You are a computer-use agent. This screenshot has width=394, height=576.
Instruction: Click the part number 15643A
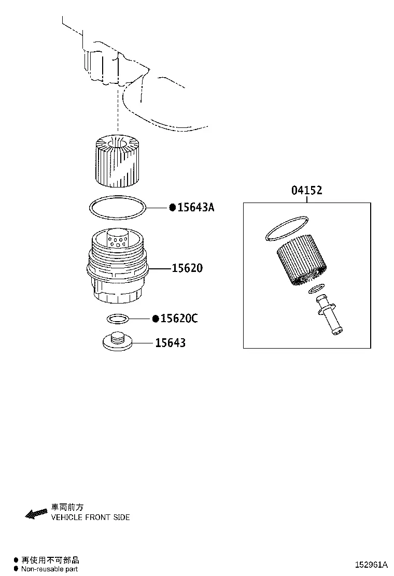click(195, 208)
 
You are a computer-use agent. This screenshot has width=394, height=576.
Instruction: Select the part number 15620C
click(179, 318)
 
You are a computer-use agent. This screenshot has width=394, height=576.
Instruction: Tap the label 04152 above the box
click(307, 190)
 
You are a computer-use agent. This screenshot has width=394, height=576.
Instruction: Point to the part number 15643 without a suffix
click(170, 343)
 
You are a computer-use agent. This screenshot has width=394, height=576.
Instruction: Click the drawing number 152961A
click(371, 564)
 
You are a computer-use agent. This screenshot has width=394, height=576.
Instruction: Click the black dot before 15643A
click(172, 208)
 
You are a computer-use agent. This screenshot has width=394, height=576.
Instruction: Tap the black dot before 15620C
click(156, 319)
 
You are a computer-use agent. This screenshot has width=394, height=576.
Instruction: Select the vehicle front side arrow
click(36, 513)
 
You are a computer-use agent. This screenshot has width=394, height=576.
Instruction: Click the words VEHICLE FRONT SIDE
click(90, 517)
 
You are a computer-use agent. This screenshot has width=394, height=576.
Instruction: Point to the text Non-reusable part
click(49, 569)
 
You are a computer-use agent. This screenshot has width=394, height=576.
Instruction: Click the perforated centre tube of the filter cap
click(118, 240)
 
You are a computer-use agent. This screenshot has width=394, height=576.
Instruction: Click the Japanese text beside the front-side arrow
click(67, 507)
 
